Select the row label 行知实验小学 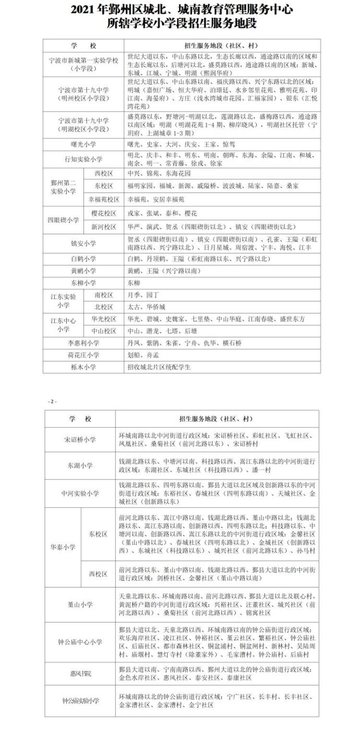click(83, 159)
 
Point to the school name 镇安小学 click(83, 243)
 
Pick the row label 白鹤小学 click(83, 259)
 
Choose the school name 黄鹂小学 click(83, 271)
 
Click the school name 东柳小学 click(83, 283)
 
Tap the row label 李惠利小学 click(83, 343)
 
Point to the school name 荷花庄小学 click(83, 355)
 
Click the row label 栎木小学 click(83, 367)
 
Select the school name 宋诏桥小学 click(80, 440)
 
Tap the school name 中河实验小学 click(80, 493)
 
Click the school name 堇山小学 click(80, 604)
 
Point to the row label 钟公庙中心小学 click(80, 642)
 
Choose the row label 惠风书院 click(80, 674)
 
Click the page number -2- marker click(52, 401)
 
